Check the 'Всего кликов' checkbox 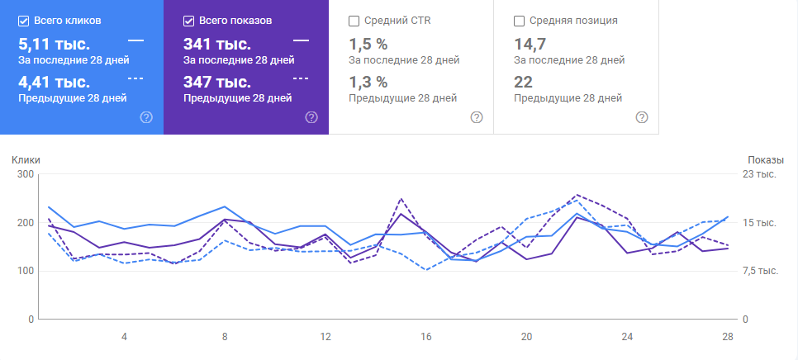[x=24, y=20]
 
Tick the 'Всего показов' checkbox [x=189, y=20]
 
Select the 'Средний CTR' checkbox [x=354, y=20]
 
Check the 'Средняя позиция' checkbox [x=520, y=20]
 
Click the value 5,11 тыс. [x=54, y=44]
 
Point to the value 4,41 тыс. [x=54, y=82]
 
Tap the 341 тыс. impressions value [x=217, y=44]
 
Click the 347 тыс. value [x=217, y=82]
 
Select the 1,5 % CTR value [x=368, y=44]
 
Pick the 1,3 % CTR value [x=368, y=82]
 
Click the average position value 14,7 [x=529, y=44]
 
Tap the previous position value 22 [x=523, y=82]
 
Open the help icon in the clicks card [x=146, y=117]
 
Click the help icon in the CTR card [x=477, y=117]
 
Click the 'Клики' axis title [x=26, y=160]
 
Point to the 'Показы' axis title [x=765, y=160]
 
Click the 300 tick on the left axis [x=24, y=174]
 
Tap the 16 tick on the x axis [x=426, y=337]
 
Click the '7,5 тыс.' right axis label [x=763, y=271]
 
